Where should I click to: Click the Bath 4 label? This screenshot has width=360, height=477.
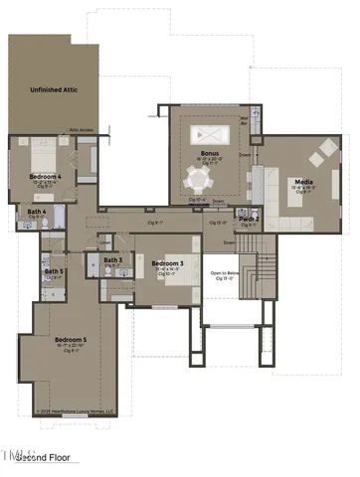point(37,212)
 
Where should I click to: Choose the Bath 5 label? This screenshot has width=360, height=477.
point(54,271)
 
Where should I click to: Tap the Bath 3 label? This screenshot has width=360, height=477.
point(113,260)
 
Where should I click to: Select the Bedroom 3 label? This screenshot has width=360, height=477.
point(165,263)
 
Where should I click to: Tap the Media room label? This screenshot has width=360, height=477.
point(303,182)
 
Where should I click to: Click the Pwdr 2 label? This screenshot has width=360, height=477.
point(249,219)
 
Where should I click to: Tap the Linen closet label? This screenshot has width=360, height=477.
point(104,240)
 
